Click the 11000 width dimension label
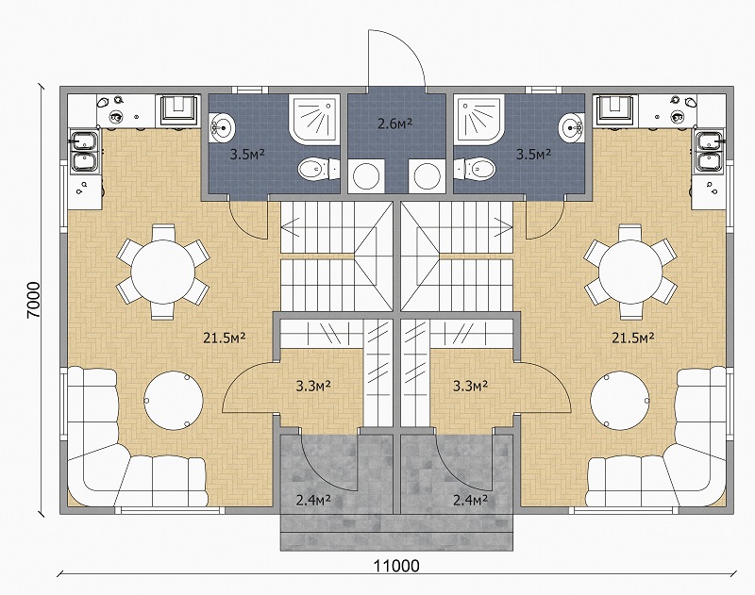pyautogui.click(x=396, y=566)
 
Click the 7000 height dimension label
pyautogui.click(x=34, y=300)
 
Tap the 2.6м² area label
pyautogui.click(x=394, y=124)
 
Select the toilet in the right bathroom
pyautogui.click(x=475, y=170)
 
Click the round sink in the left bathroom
pyautogui.click(x=222, y=127)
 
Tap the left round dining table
pyautogui.click(x=162, y=272)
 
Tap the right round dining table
pyautogui.click(x=630, y=272)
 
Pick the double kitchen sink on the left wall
pyautogui.click(x=85, y=152)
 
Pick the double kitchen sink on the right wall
pyautogui.click(x=709, y=152)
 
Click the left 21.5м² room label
pyautogui.click(x=225, y=338)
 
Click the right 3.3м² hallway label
pyautogui.click(x=471, y=386)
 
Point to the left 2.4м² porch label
pyautogui.click(x=313, y=501)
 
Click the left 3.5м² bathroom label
pyautogui.click(x=247, y=155)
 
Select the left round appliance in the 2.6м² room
pyautogui.click(x=366, y=176)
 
